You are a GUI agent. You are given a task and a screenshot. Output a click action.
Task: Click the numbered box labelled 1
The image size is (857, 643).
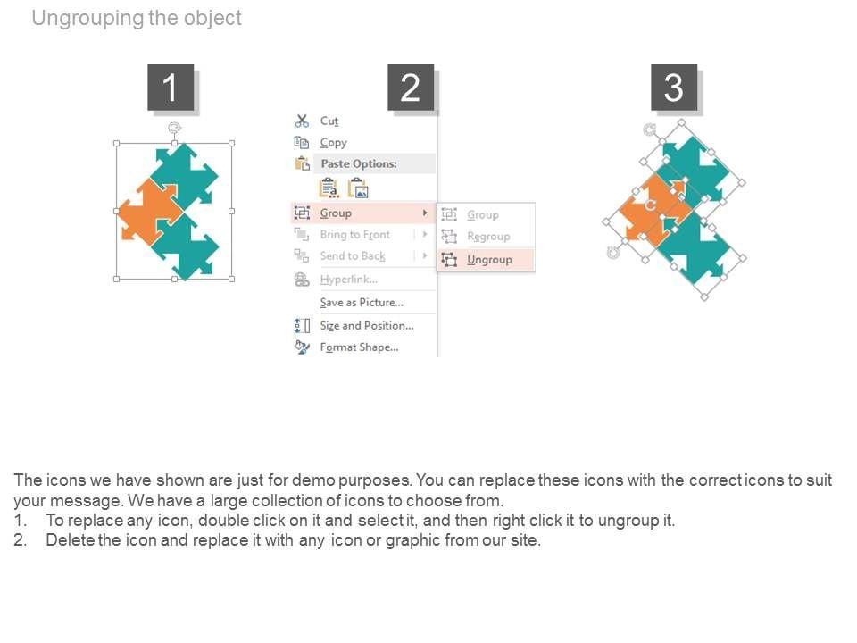171,88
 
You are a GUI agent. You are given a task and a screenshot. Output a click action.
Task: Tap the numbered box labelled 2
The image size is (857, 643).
411,88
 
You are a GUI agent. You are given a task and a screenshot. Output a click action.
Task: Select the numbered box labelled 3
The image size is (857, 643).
673,88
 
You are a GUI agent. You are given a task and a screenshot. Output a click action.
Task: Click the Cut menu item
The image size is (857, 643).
329,121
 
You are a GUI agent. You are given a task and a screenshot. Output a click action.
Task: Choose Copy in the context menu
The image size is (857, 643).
333,143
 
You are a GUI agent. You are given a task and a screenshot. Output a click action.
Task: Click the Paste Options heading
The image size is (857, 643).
359,163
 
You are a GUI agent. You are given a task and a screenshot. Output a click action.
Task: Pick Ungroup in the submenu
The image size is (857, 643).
489,260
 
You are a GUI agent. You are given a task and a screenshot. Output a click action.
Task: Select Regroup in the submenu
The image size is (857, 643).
488,237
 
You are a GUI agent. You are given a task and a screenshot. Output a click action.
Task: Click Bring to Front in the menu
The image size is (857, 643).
354,235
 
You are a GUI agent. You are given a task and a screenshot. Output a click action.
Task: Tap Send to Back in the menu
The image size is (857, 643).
353,256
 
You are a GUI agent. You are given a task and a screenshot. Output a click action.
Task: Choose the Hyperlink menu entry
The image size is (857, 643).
348,280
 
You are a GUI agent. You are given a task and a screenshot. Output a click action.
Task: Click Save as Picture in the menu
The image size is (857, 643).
362,303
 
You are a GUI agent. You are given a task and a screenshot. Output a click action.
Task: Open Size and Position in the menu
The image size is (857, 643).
367,326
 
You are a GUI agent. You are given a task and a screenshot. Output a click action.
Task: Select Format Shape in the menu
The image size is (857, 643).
359,347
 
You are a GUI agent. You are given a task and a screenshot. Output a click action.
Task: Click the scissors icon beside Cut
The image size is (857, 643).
302,121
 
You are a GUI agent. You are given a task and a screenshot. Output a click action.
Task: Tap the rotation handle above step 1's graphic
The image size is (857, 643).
174,128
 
